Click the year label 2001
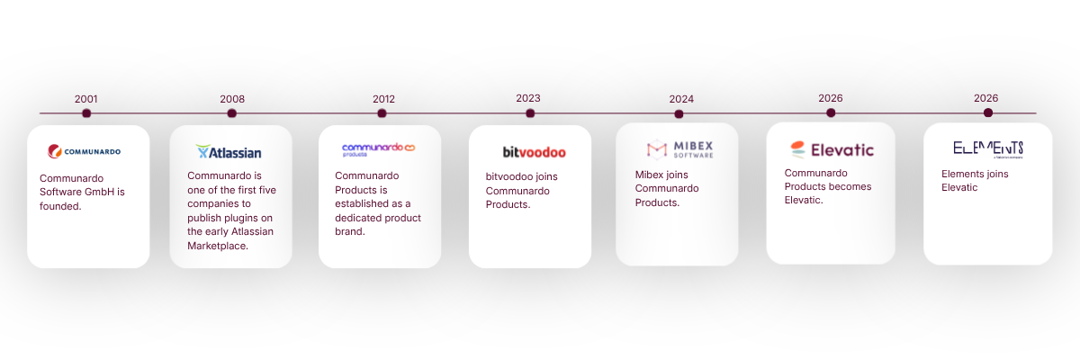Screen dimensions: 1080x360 click(x=85, y=99)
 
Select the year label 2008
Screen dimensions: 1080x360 click(x=232, y=99)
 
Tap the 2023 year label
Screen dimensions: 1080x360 click(x=528, y=98)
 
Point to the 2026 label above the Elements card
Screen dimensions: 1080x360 click(x=986, y=98)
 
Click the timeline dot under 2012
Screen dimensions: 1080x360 click(x=382, y=113)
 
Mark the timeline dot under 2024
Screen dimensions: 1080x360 click(x=679, y=114)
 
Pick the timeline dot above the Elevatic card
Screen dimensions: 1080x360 click(x=831, y=112)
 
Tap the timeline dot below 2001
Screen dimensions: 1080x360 click(x=86, y=113)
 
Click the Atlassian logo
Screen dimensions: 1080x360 click(x=229, y=152)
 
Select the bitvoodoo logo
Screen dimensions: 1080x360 click(x=535, y=152)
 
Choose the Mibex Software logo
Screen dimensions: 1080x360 click(x=679, y=149)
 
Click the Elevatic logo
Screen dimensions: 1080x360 click(x=832, y=149)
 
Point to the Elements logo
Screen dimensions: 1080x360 click(x=988, y=149)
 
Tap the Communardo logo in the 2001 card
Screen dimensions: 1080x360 click(x=84, y=151)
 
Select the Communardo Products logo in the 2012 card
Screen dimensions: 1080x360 click(x=379, y=149)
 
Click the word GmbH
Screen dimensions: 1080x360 click(x=103, y=192)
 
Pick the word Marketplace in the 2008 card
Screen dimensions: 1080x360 click(x=218, y=246)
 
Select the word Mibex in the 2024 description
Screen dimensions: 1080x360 click(x=648, y=175)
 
